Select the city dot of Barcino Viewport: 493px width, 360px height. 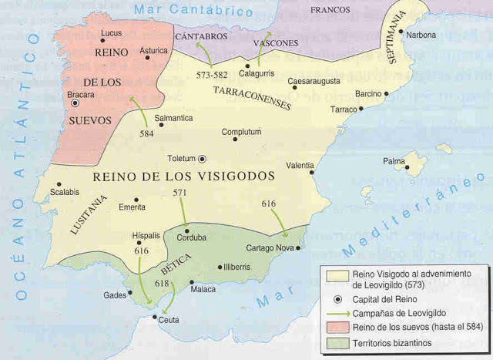pos(386,93)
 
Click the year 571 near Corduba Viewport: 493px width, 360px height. pos(179,192)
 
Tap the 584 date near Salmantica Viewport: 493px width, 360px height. pos(146,132)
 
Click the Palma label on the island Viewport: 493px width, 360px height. pos(395,161)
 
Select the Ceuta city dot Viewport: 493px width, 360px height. pos(156,318)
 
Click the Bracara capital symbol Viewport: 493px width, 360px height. pos(75,103)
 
